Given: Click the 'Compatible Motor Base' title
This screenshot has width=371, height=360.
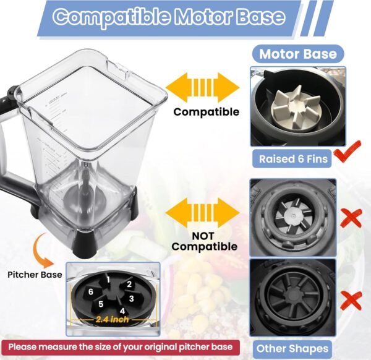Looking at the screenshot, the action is click(x=169, y=17).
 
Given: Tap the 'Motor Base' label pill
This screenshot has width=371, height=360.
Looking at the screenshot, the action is click(x=298, y=54).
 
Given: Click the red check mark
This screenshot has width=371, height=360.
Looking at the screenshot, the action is click(x=348, y=152).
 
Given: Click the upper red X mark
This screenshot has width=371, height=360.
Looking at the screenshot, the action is click(x=351, y=218).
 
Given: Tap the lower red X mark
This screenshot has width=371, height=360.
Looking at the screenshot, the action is click(x=351, y=301).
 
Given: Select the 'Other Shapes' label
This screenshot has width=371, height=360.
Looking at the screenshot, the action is click(x=292, y=349).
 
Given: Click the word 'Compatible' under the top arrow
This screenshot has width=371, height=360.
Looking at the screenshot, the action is click(x=207, y=112).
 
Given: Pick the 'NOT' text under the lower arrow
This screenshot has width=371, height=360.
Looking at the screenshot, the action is click(x=203, y=236).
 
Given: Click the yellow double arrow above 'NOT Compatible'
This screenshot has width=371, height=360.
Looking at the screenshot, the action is click(x=203, y=213).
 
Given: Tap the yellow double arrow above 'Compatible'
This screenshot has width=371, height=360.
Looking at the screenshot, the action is click(x=203, y=88).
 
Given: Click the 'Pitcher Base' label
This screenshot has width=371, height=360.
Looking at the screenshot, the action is click(x=35, y=275).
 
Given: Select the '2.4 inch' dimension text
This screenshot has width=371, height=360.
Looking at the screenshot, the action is click(x=112, y=320).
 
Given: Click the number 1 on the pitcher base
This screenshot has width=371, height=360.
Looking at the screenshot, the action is click(x=108, y=280).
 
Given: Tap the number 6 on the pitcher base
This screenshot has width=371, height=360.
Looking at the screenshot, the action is click(x=91, y=292).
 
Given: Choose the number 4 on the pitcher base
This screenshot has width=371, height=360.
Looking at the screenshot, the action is click(x=122, y=311).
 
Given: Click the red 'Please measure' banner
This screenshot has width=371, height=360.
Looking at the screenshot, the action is click(x=121, y=347).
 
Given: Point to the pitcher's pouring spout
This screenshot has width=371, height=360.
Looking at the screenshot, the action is click(x=117, y=68).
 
